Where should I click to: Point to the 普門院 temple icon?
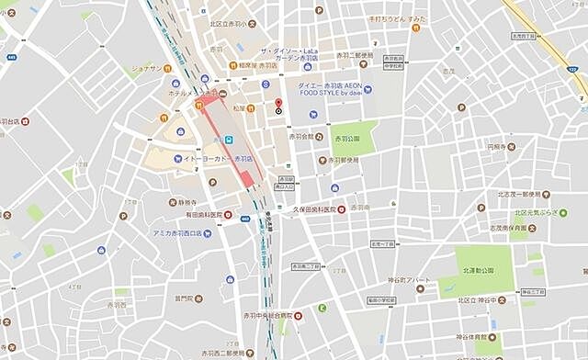point(167,298)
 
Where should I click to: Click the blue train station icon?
point(229,140)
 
